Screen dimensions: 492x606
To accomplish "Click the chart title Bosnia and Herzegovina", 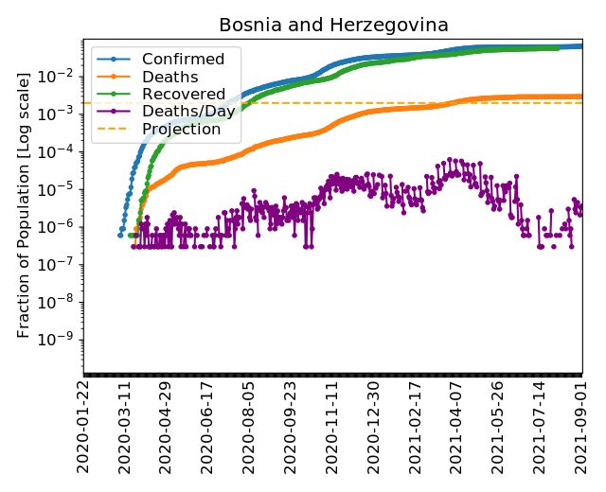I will tap(333, 26).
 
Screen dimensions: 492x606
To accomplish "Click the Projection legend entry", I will tap(181, 130).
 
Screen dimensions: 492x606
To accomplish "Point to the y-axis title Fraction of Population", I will tap(25, 204).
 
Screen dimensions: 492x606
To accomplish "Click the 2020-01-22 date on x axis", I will tap(84, 427).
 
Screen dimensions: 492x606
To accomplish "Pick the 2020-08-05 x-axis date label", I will tap(250, 427).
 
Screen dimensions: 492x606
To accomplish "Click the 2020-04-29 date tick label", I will tap(167, 427).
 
